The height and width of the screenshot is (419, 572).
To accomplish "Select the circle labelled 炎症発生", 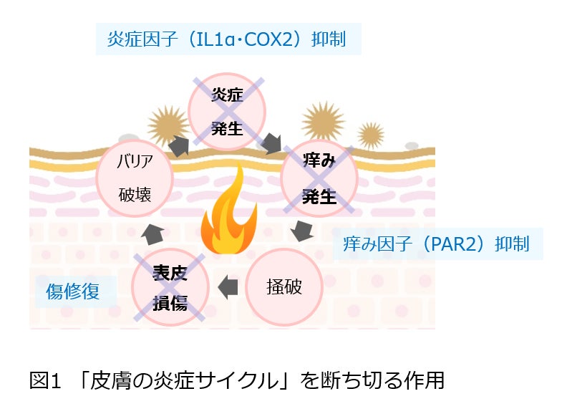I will tap(227, 111).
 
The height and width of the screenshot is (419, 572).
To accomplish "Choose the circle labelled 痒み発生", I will tap(319, 179).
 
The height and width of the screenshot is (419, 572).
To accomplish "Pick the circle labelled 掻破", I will tap(283, 286).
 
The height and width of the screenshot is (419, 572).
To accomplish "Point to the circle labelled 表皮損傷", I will tap(170, 287).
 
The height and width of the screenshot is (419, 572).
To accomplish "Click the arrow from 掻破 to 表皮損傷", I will tap(227, 286).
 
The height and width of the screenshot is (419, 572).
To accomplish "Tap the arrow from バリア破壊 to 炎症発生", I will tap(178, 145).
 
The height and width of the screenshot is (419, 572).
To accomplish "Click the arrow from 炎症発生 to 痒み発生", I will tap(271, 143).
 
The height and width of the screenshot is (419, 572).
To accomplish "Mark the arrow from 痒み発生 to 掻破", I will tap(303, 231).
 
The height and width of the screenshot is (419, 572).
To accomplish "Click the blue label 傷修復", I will tap(72, 292).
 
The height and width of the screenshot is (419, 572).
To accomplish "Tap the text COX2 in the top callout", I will tap(266, 39).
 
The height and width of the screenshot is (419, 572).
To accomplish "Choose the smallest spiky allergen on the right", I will tap(370, 134).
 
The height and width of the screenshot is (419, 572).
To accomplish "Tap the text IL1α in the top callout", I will tap(208, 39).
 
